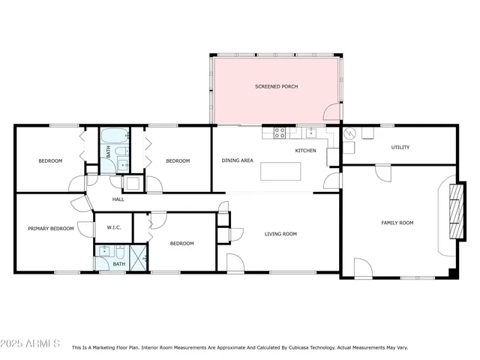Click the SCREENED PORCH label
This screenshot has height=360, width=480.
pos(277,87)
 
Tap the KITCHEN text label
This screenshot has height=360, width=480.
pos(305,151)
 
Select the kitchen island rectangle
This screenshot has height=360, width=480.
pos(280,171)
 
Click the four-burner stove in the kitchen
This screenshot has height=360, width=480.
pos(280,133)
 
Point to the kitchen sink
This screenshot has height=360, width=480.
pos(310,133)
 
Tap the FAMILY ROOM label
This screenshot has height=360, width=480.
pos(397,223)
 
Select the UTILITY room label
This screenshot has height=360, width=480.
pos(400,147)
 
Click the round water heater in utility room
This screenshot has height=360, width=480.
pos(349,134)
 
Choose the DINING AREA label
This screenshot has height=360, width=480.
pos(237,160)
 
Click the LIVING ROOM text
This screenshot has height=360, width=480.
pos(280,234)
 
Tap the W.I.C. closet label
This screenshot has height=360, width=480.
pos(114,227)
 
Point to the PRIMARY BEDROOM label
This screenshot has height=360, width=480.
pos(51,228)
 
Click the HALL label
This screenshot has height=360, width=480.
pos(118,199)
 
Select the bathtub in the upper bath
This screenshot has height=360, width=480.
pos(115,137)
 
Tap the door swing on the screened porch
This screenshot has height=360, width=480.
pos(331,113)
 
